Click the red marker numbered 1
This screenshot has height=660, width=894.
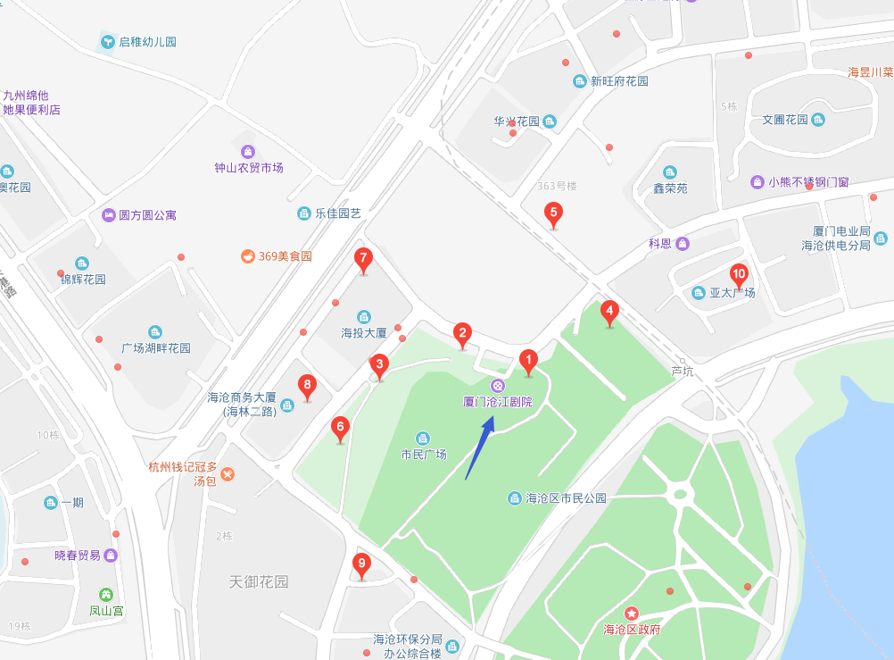(x=527, y=362)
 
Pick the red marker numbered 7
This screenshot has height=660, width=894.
(x=362, y=259)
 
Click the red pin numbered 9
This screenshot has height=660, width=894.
(x=360, y=564)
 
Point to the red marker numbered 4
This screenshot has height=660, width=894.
(x=609, y=313)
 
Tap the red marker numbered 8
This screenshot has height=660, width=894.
(x=307, y=388)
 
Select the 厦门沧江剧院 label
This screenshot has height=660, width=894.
(x=498, y=402)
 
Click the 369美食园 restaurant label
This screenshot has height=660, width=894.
(x=285, y=256)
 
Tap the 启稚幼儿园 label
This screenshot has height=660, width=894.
(x=147, y=42)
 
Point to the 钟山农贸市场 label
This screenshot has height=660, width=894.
(x=248, y=167)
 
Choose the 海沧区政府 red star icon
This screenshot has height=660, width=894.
(x=632, y=614)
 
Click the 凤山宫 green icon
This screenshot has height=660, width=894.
(x=106, y=595)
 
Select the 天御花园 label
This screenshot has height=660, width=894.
(x=259, y=581)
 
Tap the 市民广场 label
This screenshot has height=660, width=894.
(x=423, y=454)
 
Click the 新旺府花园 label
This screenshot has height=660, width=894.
(x=618, y=81)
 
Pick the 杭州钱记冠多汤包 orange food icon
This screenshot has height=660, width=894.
(x=228, y=473)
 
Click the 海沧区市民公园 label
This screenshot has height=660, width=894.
(x=566, y=497)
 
